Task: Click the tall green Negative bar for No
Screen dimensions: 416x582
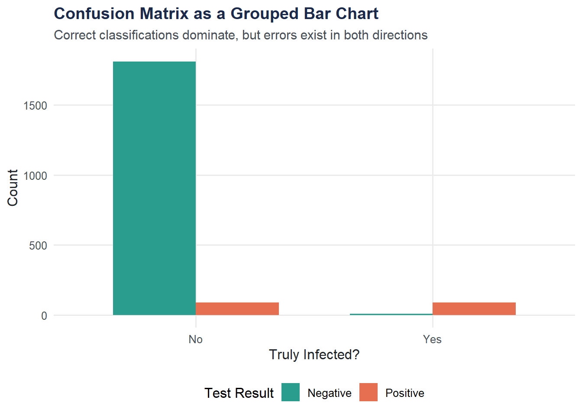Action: (154, 188)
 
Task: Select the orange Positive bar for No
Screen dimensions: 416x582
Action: (237, 309)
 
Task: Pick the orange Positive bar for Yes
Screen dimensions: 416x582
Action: (474, 309)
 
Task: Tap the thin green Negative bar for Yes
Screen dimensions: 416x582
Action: (391, 314)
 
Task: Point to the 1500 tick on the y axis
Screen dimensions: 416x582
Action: (35, 106)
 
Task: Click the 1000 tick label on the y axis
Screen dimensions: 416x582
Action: (35, 176)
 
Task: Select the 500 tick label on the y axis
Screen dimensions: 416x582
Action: (38, 246)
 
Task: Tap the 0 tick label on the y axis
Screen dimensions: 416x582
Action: (44, 316)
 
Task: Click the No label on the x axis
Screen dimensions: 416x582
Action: (196, 339)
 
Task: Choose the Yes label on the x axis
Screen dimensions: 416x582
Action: (432, 339)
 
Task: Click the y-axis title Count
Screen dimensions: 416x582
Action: (13, 188)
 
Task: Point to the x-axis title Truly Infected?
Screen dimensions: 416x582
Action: (314, 354)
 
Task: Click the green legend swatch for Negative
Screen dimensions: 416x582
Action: (291, 392)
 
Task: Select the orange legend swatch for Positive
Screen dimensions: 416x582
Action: (369, 392)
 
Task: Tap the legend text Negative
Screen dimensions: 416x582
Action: (330, 393)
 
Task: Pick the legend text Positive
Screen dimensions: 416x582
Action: (405, 393)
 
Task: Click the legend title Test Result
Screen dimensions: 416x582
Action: (239, 393)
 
